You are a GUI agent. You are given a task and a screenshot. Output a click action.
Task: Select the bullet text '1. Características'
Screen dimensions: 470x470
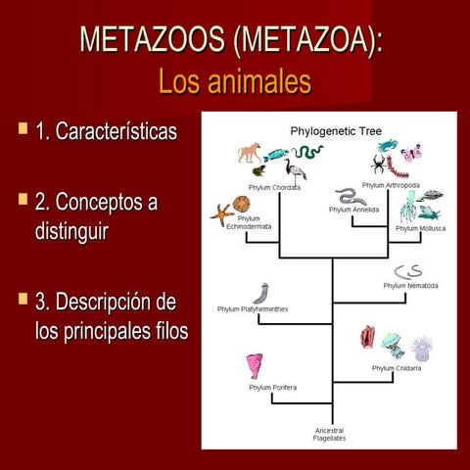(x=106, y=130)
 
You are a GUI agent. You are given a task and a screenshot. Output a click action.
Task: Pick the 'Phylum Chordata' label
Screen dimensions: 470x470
(x=274, y=187)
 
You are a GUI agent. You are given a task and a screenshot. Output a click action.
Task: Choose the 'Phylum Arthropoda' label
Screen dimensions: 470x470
(x=391, y=184)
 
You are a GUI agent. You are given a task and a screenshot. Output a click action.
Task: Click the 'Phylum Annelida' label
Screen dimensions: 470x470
(x=353, y=209)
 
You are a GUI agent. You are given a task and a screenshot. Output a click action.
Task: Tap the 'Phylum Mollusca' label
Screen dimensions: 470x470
(x=421, y=227)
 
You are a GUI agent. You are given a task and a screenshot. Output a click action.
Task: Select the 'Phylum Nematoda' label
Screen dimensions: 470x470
(x=409, y=286)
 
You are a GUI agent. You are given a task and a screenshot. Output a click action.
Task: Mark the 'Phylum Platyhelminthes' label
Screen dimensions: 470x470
(x=253, y=309)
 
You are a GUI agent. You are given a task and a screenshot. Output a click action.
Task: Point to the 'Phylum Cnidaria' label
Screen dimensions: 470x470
(x=397, y=368)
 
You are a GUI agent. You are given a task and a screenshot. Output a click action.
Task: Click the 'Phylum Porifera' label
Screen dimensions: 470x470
(x=272, y=387)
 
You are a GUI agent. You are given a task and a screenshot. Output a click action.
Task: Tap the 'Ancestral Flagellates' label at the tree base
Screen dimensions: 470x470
(x=329, y=434)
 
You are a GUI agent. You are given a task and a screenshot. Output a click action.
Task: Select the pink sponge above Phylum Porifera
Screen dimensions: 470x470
(x=257, y=365)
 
